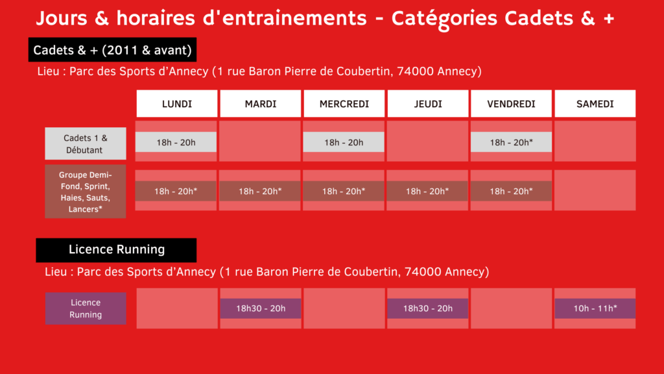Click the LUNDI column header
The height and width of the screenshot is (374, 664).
[176, 103]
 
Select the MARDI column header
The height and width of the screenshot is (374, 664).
[261, 103]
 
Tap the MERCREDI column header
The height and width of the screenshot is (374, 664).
[344, 103]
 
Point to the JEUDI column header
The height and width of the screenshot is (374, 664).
[428, 103]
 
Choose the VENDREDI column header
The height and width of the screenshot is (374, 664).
[511, 103]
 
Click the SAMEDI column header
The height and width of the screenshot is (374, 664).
[595, 103]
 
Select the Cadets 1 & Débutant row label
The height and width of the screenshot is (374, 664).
[86, 143]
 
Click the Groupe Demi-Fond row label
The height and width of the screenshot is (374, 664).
[86, 192]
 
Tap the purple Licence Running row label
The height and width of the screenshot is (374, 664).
[86, 308]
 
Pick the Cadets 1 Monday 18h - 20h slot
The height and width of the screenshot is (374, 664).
[176, 142]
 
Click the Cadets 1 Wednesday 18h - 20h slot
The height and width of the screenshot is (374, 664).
[344, 142]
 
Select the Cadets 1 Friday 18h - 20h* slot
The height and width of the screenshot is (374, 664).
[511, 142]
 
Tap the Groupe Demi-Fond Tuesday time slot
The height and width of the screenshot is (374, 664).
[260, 192]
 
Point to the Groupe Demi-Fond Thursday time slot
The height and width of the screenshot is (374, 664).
[427, 192]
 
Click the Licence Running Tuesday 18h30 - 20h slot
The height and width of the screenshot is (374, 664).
[261, 308]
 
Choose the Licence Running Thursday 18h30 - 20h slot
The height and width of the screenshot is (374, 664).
[428, 308]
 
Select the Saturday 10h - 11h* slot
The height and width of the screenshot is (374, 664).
[595, 308]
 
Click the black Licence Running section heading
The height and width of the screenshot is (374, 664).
[117, 250]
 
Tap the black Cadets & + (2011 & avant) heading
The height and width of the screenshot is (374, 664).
[113, 50]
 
